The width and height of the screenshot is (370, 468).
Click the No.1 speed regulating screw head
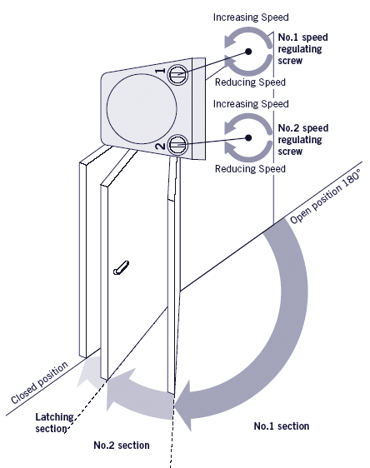[x=178, y=74]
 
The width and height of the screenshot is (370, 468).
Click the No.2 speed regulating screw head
[x=178, y=145]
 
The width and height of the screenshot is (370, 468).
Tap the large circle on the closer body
[x=142, y=109]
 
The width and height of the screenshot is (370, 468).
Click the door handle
[x=121, y=268]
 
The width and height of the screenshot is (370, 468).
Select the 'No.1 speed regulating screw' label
[x=302, y=49]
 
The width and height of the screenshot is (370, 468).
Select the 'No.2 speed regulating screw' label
[x=303, y=140]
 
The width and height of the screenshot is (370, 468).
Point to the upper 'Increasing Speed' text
[x=251, y=17]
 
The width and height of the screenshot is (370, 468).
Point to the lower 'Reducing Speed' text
[x=250, y=169]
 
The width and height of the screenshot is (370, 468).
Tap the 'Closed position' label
[x=39, y=382]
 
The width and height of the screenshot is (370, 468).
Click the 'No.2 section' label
[x=122, y=446]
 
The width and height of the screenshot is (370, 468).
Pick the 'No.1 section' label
[x=282, y=426]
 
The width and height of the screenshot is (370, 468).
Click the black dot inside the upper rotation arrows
[x=248, y=52]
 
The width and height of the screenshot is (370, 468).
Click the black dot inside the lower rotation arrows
[x=248, y=137]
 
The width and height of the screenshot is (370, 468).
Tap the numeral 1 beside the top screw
[x=161, y=71]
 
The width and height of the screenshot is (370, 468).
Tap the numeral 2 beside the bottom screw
[x=161, y=147]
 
